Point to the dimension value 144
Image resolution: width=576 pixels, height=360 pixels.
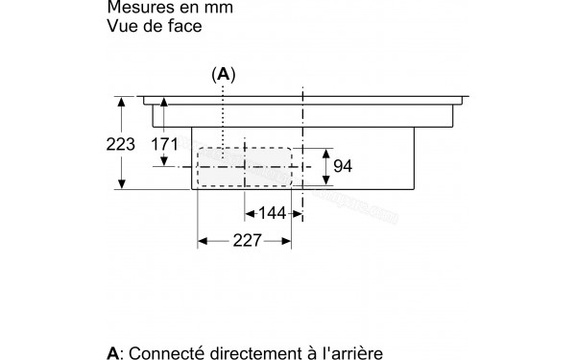tap(273, 213)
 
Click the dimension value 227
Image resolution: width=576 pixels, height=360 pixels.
tap(246, 243)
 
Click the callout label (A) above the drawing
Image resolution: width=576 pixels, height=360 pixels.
tap(224, 74)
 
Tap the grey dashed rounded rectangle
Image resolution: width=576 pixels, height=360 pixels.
tap(245, 167)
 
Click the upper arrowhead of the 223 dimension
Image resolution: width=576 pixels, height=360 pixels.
tap(122, 100)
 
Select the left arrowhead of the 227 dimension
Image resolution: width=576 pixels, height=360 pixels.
tap(202, 243)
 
